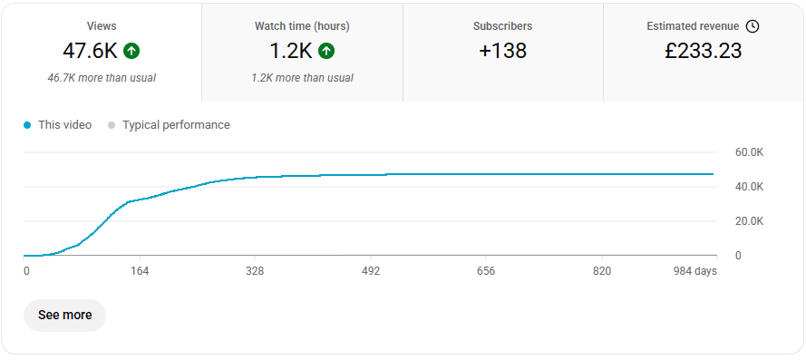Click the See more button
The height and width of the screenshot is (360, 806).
pos(64,316)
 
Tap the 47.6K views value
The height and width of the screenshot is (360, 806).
pos(91,51)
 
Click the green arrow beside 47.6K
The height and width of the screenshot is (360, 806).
pos(131,51)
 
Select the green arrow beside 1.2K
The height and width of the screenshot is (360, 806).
pos(326,51)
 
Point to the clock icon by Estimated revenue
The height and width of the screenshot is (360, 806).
pos(753,26)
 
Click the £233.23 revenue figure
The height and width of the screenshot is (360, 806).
pos(704,51)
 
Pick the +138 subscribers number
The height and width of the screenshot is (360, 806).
pos(502,51)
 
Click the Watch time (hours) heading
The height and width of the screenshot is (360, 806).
pos(302,26)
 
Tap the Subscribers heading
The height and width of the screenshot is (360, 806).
pos(502,26)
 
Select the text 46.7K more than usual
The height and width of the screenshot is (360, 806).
pos(102,78)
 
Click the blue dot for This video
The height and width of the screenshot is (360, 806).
pos(27,125)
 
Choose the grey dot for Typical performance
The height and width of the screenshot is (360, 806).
pos(111,125)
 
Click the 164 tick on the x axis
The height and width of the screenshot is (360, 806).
pos(140,271)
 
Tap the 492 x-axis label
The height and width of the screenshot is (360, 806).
pos(371,271)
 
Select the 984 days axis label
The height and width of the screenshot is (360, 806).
pos(695,271)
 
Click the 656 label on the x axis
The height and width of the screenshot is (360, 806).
pos(486,271)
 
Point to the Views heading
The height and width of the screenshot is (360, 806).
pos(102,26)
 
